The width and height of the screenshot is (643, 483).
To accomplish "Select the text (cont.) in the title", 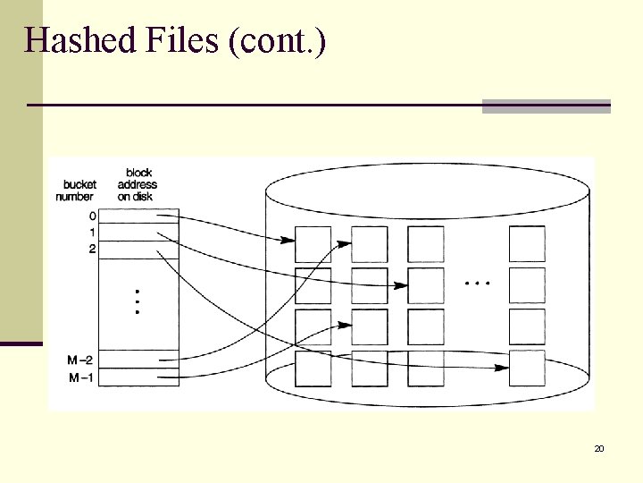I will (278, 41).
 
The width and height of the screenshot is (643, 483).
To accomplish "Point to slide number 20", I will (599, 447).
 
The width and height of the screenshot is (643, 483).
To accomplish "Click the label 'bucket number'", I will (74, 190).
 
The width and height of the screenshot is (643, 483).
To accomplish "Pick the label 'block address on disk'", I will (138, 184).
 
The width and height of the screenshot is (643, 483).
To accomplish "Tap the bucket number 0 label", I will (93, 216).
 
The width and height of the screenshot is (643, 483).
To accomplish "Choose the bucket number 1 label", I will (93, 233).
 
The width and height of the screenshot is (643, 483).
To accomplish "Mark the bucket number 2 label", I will (93, 249).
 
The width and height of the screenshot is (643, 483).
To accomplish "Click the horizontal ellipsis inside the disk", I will (478, 283).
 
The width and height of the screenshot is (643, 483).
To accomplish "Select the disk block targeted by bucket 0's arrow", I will (313, 243).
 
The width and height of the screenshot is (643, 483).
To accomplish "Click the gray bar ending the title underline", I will (546, 106).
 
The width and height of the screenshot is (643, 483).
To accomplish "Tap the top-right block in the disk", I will (527, 243).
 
